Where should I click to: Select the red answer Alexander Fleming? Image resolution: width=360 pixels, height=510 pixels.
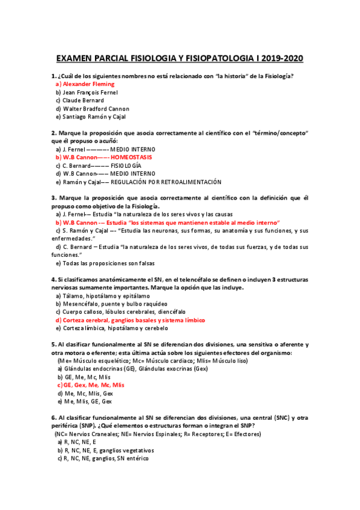click(88, 85)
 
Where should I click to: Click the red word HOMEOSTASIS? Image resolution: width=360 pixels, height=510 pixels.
click(132, 156)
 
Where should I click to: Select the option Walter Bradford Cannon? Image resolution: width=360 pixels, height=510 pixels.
click(96, 109)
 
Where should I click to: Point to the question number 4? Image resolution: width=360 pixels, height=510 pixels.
click(53, 280)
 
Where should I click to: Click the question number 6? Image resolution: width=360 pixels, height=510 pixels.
click(53, 417)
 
